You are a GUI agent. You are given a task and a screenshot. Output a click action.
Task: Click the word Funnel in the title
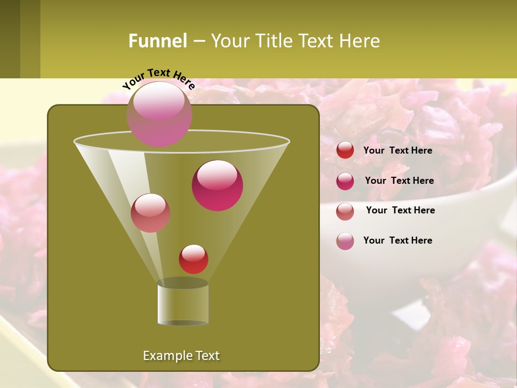coord(158,41)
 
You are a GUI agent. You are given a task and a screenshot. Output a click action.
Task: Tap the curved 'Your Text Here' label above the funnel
coord(158,78)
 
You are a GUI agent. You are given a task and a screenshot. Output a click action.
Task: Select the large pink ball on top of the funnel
coord(159,114)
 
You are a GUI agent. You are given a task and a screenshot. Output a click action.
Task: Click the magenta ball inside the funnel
coord(217,185)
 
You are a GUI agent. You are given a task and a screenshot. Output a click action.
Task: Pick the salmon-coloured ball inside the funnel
coord(150,213)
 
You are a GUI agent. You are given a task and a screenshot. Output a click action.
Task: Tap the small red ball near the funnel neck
coord(193,259)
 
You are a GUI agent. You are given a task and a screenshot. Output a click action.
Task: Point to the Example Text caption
coord(181,356)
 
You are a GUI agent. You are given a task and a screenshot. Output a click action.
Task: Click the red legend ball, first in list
coord(345,150)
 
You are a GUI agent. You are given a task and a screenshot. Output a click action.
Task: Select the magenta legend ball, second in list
coord(345,181)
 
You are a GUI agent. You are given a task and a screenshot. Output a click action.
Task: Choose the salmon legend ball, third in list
coord(345,211)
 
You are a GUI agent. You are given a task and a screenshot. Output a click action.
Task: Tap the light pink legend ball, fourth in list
coord(345,241)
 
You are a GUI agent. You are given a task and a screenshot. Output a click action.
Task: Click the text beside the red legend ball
coord(397,150)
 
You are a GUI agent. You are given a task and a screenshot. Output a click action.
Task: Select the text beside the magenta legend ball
coord(399,181)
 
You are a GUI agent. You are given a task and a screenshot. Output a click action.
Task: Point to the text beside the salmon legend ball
coord(400,210)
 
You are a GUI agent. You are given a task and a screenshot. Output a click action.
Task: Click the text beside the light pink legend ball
coord(397,240)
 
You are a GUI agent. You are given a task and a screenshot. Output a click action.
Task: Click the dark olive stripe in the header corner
coord(10,39)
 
